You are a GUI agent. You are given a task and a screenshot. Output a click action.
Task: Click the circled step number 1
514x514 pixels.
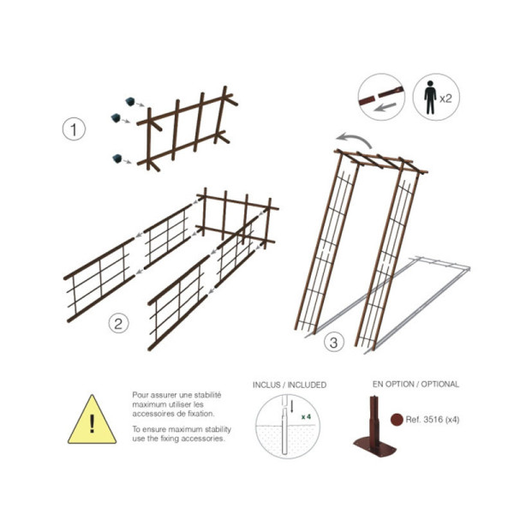(x=74, y=129)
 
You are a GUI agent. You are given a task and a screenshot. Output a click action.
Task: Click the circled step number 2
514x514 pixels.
(x=118, y=324)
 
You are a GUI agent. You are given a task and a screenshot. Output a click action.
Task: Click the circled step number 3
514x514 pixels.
(x=334, y=343)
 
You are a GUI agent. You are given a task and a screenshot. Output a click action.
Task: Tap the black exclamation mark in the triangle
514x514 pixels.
(x=93, y=423)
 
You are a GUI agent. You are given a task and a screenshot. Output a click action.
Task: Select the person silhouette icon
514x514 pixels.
(x=430, y=98)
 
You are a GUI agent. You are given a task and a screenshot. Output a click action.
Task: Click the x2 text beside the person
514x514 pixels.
(x=445, y=99)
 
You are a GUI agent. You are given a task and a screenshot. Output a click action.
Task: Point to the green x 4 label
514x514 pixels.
(x=306, y=416)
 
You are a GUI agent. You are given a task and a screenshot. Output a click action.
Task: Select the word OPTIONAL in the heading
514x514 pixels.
(x=440, y=384)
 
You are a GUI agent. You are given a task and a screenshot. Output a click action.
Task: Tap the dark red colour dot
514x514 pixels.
(x=397, y=419)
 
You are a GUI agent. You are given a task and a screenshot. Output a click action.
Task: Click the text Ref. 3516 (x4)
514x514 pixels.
(x=433, y=420)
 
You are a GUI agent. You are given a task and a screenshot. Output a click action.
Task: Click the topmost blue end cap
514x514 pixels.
(x=130, y=101)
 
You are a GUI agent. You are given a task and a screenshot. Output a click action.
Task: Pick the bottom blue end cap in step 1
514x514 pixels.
(x=117, y=158)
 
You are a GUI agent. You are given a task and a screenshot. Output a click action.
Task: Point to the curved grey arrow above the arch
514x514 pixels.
(x=354, y=139)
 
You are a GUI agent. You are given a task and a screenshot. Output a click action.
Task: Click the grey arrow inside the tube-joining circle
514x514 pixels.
(x=385, y=107)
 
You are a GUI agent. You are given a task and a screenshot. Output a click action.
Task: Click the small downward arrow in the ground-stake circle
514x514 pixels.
(x=292, y=406)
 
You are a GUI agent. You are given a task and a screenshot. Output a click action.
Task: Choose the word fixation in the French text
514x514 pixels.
(x=200, y=414)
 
